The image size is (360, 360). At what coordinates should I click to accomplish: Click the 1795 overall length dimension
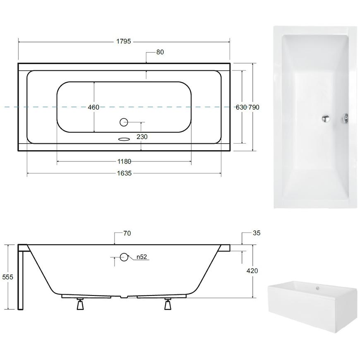pyautogui.click(x=124, y=41)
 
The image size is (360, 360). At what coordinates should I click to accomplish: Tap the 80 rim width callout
pyautogui.click(x=160, y=52)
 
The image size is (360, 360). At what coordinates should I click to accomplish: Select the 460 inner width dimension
pyautogui.click(x=94, y=107)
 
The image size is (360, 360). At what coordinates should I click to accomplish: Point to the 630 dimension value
pyautogui.click(x=241, y=107)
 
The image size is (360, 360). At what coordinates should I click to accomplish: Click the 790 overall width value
pyautogui.click(x=254, y=107)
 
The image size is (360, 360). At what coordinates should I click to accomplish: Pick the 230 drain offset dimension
pyautogui.click(x=142, y=137)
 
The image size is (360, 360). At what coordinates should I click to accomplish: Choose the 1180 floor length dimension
pyautogui.click(x=124, y=162)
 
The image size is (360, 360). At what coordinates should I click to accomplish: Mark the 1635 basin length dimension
pyautogui.click(x=124, y=173)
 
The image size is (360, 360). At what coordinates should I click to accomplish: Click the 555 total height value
pyautogui.click(x=7, y=277)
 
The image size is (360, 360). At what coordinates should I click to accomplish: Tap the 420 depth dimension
pyautogui.click(x=252, y=271)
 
